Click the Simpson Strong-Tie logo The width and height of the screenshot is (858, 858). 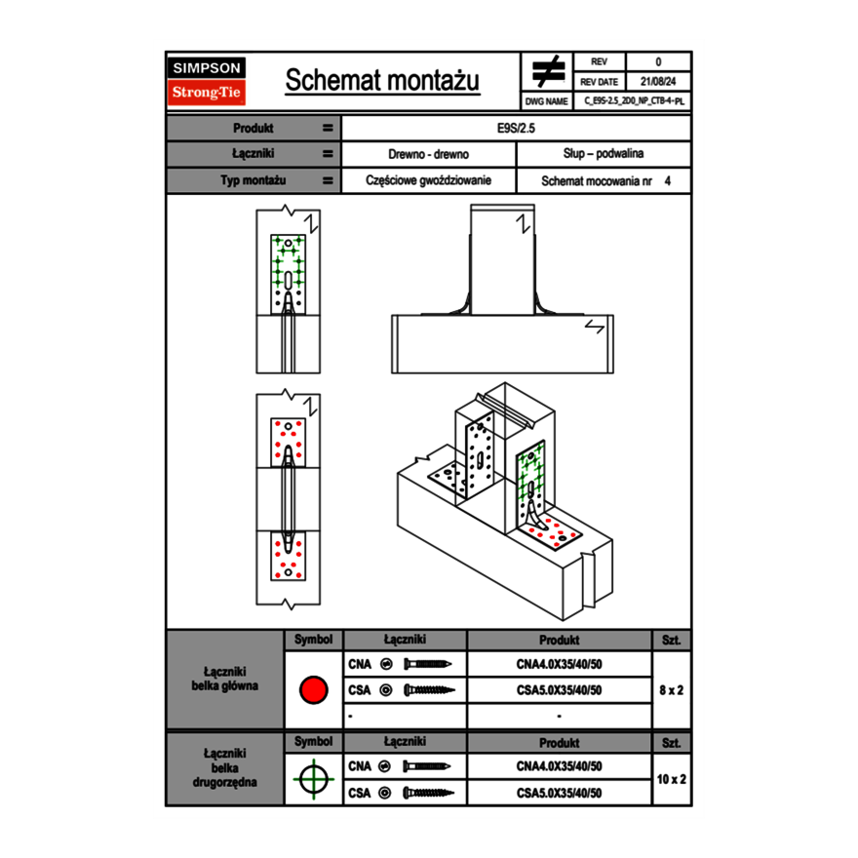(208, 81)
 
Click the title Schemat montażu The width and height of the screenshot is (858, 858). (382, 81)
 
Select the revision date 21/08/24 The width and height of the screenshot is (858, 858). (658, 82)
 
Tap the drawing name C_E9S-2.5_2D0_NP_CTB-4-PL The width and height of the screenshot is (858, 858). (634, 101)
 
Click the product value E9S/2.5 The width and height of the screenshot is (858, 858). (516, 128)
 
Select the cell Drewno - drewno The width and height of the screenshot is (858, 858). (428, 154)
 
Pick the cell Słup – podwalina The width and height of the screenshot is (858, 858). (603, 154)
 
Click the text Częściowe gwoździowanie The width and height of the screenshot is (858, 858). (428, 180)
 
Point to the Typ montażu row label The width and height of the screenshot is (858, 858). (253, 180)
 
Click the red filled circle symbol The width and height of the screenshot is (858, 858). (313, 690)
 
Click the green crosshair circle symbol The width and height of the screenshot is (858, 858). (313, 779)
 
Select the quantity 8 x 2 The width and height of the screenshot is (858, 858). (671, 690)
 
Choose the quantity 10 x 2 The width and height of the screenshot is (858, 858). (671, 779)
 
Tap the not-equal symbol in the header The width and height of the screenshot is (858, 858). (548, 72)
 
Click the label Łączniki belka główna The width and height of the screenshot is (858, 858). (225, 679)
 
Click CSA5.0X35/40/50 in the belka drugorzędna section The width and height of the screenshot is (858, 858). (559, 793)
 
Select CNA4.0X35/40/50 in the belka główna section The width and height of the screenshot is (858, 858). (559, 664)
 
